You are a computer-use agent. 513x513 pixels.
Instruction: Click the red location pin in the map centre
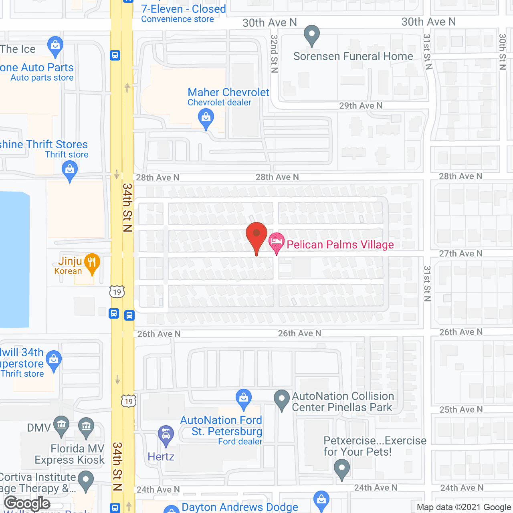[x=256, y=234]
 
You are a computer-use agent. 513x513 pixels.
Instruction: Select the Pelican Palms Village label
[x=340, y=244]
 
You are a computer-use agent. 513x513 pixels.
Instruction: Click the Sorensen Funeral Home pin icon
[x=311, y=35]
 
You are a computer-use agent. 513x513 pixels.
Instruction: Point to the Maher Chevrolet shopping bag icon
[x=206, y=118]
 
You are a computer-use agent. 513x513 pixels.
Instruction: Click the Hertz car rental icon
[x=166, y=435]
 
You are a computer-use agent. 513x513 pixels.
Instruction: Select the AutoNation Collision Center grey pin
[x=281, y=400]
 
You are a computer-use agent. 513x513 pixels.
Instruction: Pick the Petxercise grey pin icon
[x=341, y=469]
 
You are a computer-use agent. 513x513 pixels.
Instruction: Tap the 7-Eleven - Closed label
[x=184, y=9]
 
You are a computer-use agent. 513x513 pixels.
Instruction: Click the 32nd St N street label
[x=274, y=53]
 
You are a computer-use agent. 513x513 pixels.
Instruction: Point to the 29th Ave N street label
[x=361, y=106]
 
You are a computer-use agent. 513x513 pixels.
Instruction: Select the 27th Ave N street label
[x=460, y=253]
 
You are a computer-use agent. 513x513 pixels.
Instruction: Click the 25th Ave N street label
[x=461, y=410]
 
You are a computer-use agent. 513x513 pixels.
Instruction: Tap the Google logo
[x=27, y=503]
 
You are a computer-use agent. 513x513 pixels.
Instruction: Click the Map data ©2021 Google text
[x=464, y=507]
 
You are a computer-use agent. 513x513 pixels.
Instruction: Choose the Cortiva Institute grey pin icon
[x=86, y=481]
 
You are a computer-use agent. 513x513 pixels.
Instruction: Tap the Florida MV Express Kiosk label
[x=69, y=454]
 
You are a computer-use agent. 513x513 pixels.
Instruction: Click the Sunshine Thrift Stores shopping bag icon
[x=70, y=170]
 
